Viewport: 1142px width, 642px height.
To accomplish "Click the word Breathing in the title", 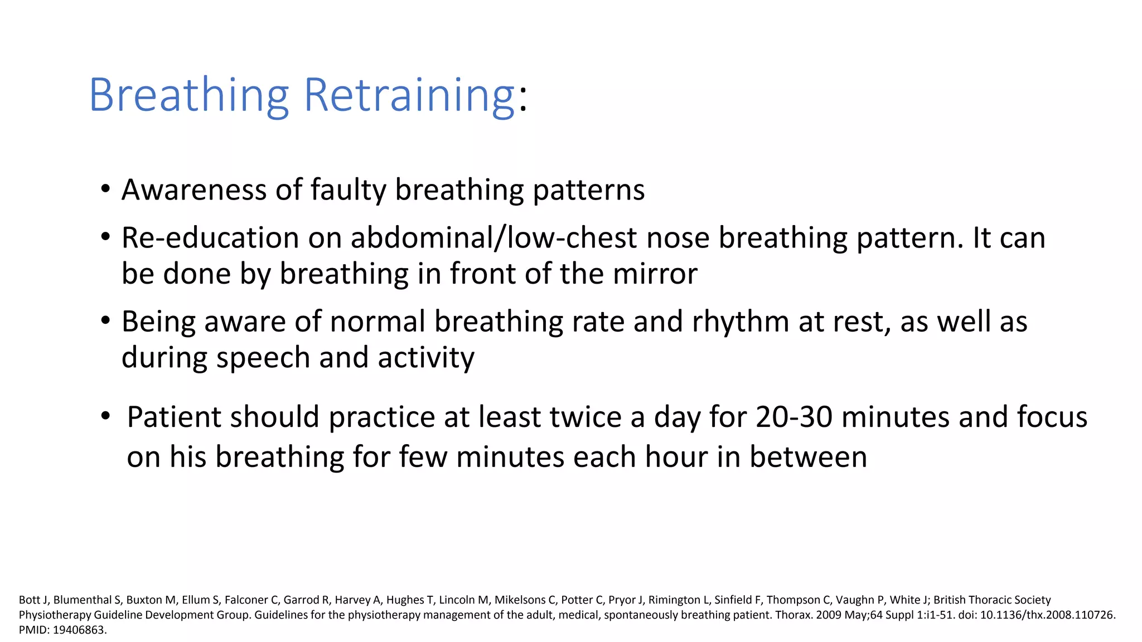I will tap(188, 96).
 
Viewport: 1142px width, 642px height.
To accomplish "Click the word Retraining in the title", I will tap(409, 96).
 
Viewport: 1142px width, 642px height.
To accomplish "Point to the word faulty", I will tap(348, 189).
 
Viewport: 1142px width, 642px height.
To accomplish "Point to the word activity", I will tap(426, 357).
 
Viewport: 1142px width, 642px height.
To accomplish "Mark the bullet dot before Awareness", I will tap(105, 189).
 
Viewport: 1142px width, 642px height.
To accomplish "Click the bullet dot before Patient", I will tap(105, 416).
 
